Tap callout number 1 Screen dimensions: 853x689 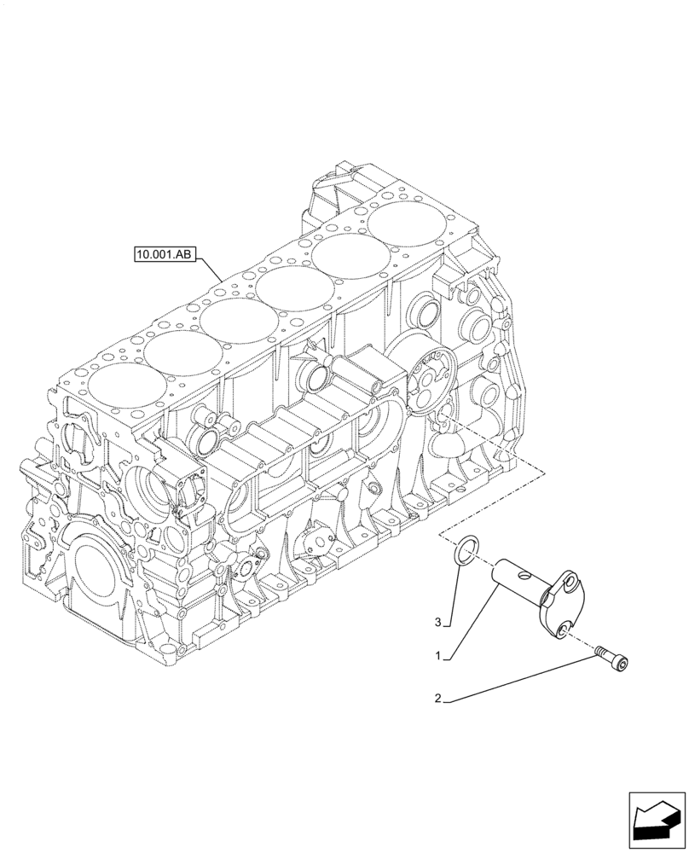coord(437,657)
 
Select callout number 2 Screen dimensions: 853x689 coord(437,699)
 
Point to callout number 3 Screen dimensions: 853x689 coord(438,623)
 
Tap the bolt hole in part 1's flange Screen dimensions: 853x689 coord(565,630)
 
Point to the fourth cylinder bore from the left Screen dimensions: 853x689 coord(293,287)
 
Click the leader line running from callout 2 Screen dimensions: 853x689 coord(520,679)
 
